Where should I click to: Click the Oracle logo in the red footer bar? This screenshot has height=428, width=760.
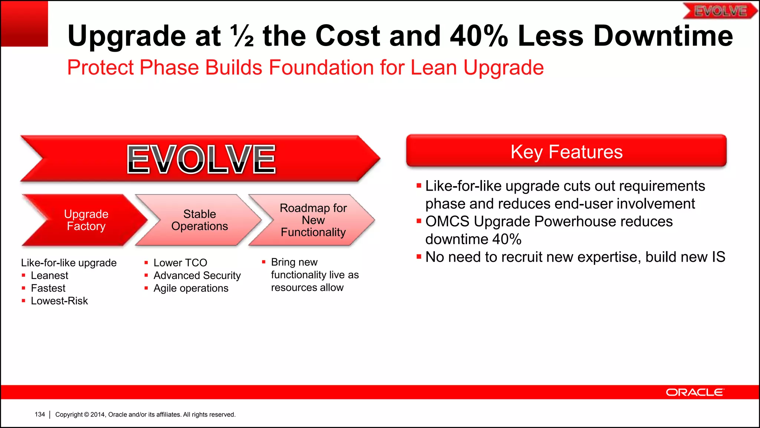tap(694, 392)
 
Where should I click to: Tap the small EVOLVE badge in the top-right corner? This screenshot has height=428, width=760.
tap(720, 11)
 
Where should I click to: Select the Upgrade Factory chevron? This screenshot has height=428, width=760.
tap(86, 220)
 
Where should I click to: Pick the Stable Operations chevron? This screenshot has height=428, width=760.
tap(199, 220)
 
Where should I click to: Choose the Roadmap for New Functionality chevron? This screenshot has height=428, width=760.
tap(313, 220)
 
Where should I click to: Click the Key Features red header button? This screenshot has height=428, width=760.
tap(566, 151)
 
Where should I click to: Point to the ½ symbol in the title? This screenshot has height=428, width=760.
tap(242, 36)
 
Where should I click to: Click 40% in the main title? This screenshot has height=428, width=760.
tap(478, 36)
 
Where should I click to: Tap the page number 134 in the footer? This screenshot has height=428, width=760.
tap(40, 414)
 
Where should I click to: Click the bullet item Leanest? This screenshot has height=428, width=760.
tap(49, 276)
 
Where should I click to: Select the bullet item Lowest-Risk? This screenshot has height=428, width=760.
tap(59, 301)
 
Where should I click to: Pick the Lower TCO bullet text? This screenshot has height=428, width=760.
tap(180, 263)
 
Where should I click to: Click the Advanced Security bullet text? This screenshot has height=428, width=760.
tap(197, 276)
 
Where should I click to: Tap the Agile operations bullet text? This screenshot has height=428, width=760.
tap(191, 288)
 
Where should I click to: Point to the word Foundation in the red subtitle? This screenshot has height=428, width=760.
tap(321, 68)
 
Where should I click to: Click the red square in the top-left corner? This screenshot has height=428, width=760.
tap(24, 23)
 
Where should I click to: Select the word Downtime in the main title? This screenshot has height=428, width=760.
tap(663, 36)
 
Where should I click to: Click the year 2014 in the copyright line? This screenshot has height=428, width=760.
tap(98, 415)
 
